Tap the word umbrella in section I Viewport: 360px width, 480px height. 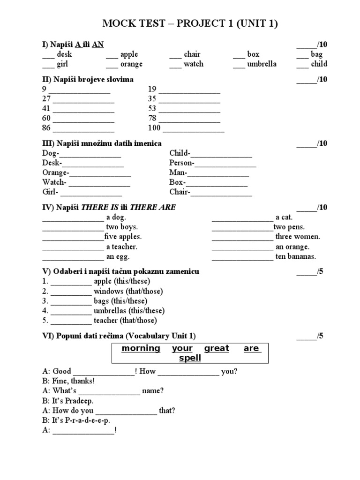click(x=262, y=64)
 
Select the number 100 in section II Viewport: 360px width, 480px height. click(x=154, y=128)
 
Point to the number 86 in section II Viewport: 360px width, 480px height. click(x=46, y=128)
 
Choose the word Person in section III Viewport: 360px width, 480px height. click(x=181, y=163)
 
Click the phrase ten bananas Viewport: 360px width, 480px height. click(x=296, y=256)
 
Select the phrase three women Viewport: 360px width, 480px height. click(x=298, y=237)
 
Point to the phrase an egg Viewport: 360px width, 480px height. click(x=118, y=256)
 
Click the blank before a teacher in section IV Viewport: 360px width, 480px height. click(x=73, y=247)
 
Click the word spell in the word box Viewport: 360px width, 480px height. click(x=190, y=358)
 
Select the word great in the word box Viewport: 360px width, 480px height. click(x=217, y=348)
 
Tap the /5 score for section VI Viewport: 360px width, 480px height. click(x=319, y=336)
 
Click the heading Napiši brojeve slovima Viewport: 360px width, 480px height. click(x=94, y=80)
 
